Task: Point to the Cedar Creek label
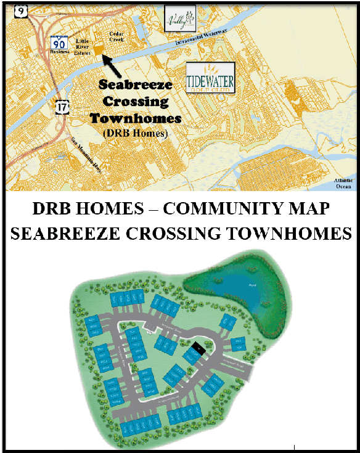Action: (117, 36)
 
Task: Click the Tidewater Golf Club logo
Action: (210, 76)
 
